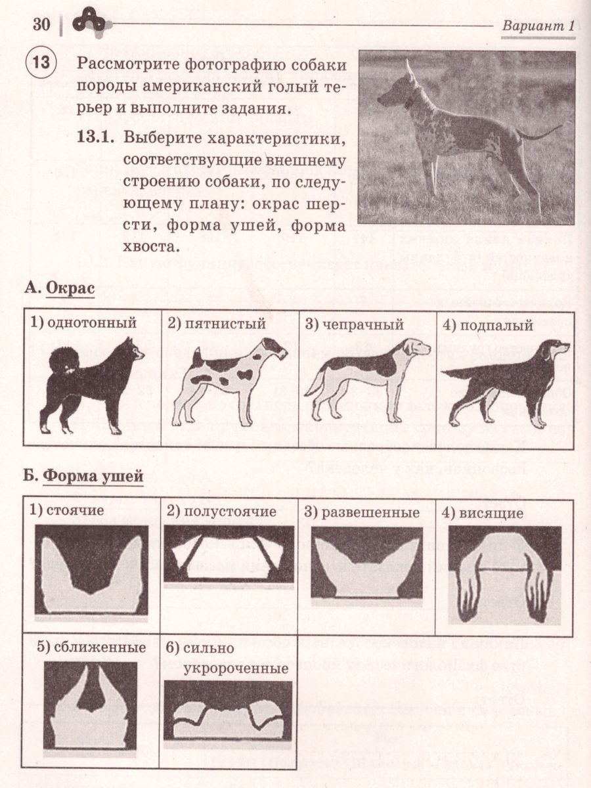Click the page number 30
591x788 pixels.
pos(41,25)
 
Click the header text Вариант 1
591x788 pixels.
pos(538,27)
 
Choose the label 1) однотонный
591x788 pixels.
pos(83,323)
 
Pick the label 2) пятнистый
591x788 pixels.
pos(217,323)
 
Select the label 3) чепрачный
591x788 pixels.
pos(354,323)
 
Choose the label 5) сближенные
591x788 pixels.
pos(91,647)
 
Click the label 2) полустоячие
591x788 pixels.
pos(221,512)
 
